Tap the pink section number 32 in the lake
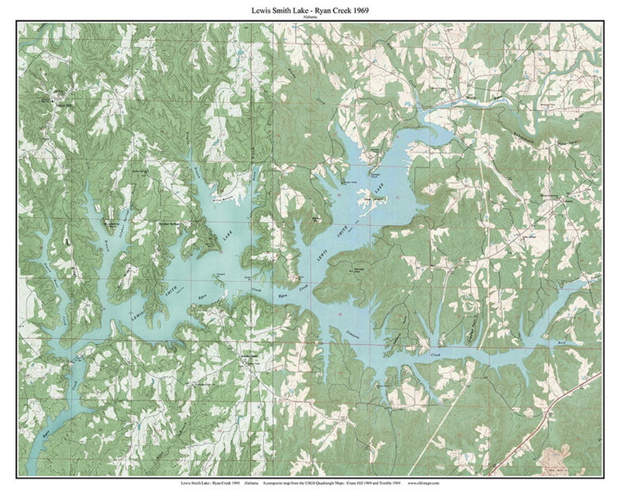point(340,315)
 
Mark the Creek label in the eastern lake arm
point(439,355)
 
